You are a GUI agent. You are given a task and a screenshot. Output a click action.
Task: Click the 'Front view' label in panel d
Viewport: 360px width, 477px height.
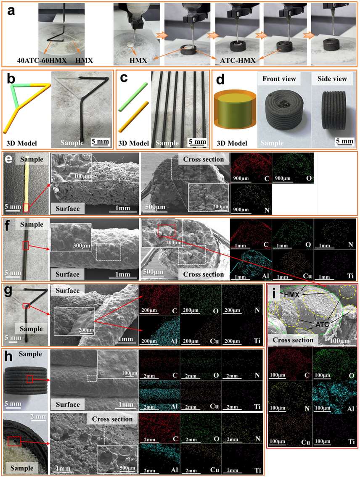pos(279,79)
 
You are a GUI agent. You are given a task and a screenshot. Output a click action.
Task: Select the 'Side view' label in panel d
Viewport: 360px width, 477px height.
pos(332,79)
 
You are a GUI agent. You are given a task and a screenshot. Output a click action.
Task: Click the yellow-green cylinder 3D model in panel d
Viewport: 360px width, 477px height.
pos(235,110)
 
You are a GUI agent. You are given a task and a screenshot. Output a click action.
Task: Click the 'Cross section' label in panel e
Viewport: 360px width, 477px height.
pos(203,159)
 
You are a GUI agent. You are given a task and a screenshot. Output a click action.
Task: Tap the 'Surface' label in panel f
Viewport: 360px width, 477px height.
pos(67,274)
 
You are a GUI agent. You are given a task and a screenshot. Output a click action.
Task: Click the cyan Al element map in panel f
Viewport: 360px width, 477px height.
pos(251,265)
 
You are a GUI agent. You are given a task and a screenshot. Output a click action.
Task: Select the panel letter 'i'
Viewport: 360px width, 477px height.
pos(274,294)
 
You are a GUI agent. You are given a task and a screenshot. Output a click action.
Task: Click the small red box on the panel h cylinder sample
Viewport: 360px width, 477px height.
pos(29,379)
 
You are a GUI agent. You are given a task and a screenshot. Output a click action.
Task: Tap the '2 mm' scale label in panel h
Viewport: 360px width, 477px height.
pos(39,416)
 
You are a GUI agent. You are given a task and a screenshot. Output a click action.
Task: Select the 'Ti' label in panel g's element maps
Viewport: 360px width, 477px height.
pos(257,341)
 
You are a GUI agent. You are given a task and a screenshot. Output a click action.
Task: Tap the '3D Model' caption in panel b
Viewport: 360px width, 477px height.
pos(21,143)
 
